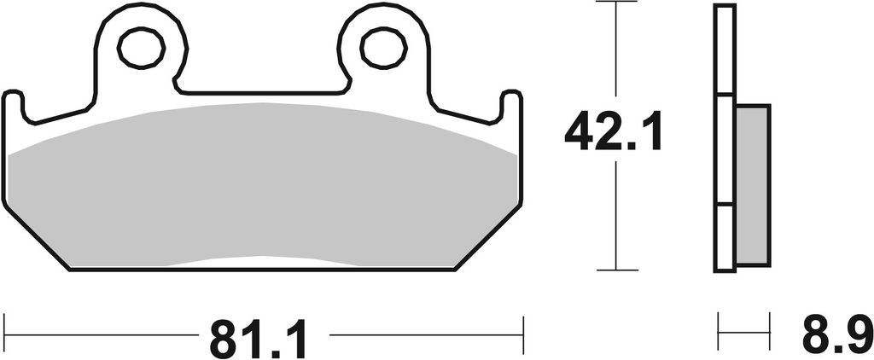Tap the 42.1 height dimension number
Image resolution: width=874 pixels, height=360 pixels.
613,131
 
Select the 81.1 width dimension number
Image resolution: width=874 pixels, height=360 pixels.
259,339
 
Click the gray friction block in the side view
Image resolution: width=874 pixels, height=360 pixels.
753,185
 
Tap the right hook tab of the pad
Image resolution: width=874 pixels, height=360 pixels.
511,106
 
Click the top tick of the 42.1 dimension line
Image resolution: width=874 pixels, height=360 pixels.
616,2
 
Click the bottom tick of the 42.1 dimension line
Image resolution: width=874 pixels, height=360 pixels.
616,270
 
